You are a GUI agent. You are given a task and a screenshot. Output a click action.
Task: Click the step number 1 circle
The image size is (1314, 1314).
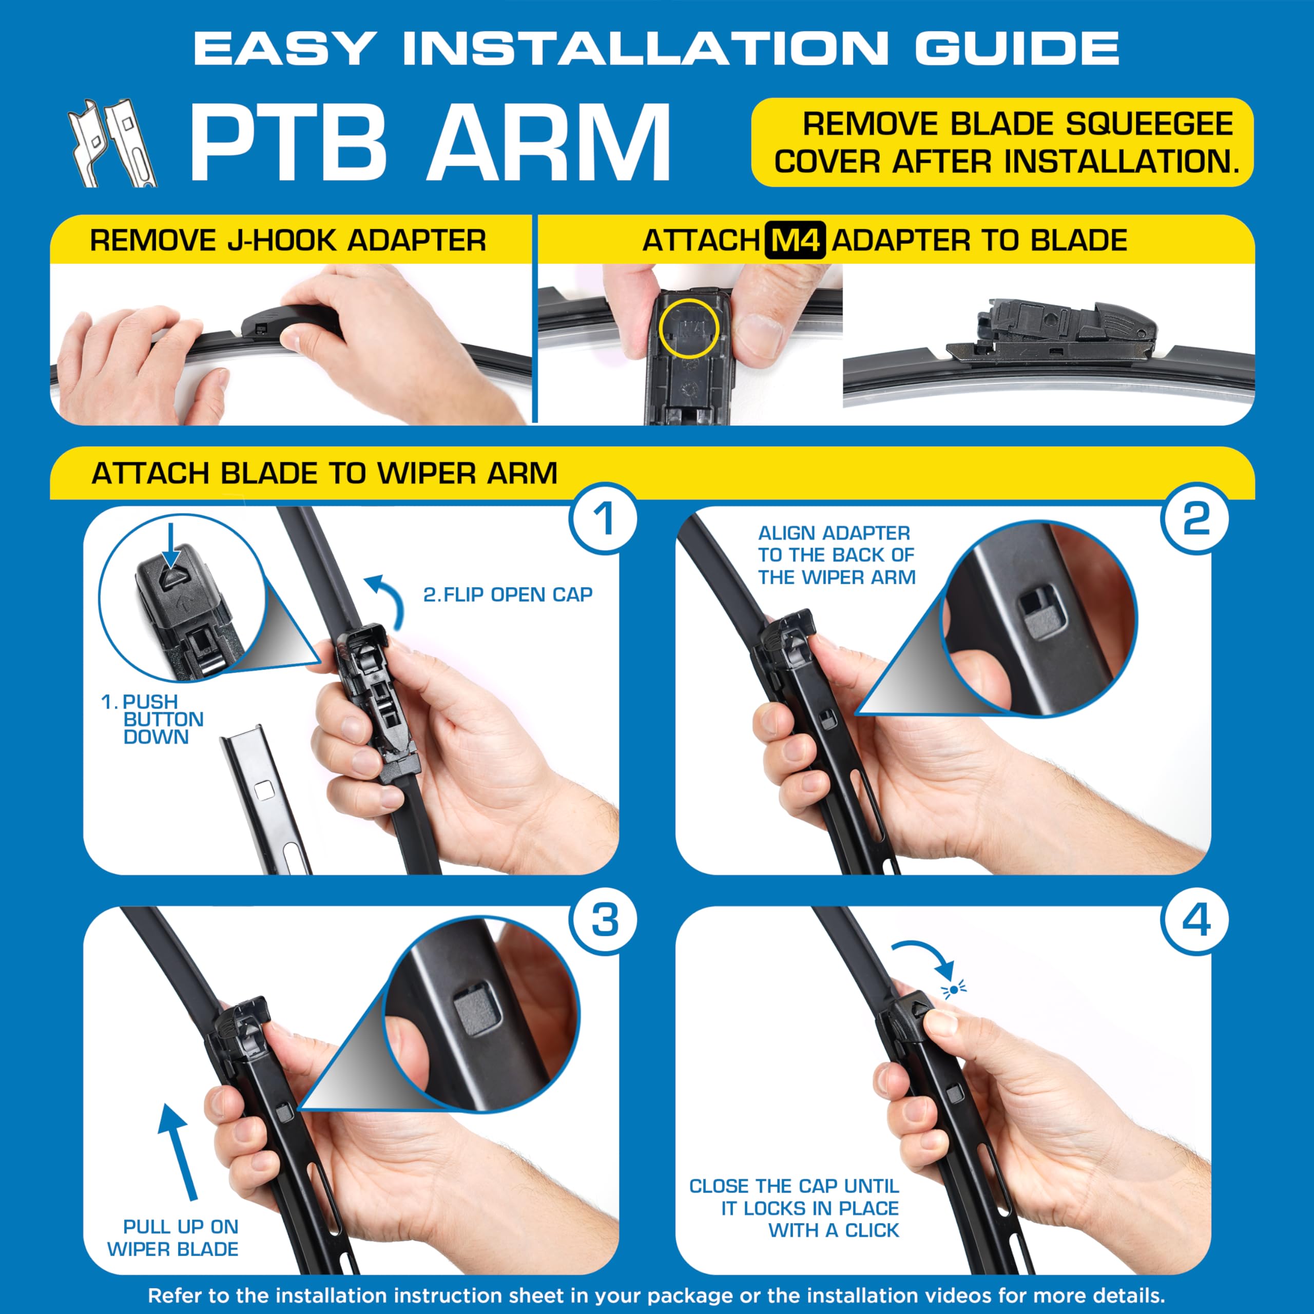(x=603, y=518)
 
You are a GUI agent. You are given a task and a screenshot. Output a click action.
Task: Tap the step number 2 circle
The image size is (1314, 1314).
(x=1195, y=518)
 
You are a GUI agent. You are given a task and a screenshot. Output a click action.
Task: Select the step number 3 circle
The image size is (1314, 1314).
(x=603, y=920)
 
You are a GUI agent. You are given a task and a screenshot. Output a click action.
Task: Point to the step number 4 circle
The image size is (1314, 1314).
(x=1195, y=920)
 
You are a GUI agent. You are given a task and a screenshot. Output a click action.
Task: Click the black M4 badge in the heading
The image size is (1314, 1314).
(x=795, y=241)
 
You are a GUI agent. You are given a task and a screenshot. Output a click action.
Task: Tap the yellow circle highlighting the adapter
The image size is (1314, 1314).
(x=688, y=328)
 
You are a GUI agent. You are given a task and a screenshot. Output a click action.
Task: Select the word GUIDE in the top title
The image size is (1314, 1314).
(x=1017, y=48)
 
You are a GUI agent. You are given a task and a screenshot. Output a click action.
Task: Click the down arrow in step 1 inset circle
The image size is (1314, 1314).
(x=171, y=545)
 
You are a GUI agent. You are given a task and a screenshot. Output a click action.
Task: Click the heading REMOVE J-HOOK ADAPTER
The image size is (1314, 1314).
(x=287, y=241)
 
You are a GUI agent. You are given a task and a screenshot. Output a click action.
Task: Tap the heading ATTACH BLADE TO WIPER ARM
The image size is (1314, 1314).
(x=324, y=473)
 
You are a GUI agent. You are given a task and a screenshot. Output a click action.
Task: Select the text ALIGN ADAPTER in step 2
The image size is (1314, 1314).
(x=834, y=533)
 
